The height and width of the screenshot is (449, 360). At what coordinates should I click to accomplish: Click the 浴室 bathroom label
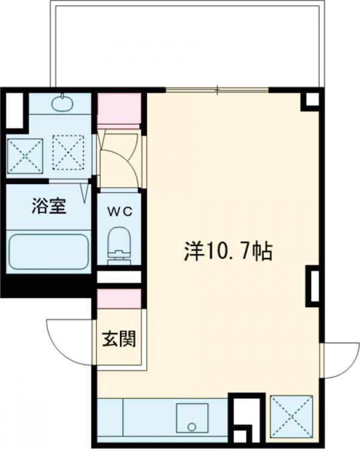(49, 206)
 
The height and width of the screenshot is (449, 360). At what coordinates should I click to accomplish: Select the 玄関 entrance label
(118, 339)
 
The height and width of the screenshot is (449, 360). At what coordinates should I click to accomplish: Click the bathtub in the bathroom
(49, 251)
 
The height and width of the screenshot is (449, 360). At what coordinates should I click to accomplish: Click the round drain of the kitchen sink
(191, 427)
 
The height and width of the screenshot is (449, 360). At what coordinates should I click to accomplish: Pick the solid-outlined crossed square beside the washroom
(25, 155)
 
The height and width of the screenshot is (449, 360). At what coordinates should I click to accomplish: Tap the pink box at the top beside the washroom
(119, 109)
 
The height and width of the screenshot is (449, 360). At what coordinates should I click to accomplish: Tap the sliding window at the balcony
(217, 91)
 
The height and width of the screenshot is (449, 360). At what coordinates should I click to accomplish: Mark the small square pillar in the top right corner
(311, 99)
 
